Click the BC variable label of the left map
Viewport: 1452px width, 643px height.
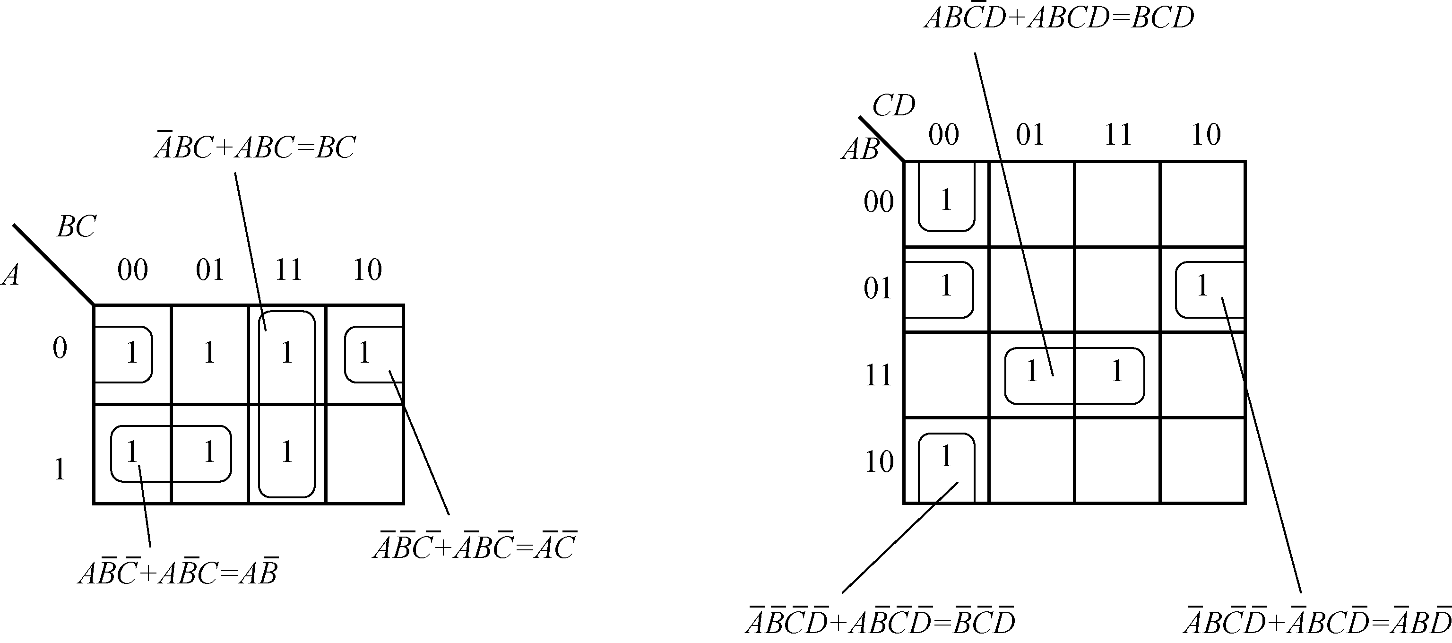coord(76,227)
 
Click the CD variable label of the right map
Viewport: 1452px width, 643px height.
coord(893,105)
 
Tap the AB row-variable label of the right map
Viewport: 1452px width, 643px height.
coord(860,149)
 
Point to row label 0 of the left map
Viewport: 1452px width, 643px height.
coord(60,348)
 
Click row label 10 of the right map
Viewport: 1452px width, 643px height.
coord(879,462)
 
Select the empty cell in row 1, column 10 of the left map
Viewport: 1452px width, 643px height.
coord(365,454)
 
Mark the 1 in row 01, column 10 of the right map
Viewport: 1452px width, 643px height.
coord(1202,286)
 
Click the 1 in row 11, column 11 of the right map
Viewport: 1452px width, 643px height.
coord(1116,372)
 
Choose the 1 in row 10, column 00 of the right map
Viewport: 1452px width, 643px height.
coord(946,456)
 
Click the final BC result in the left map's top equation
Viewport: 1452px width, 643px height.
coord(336,148)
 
